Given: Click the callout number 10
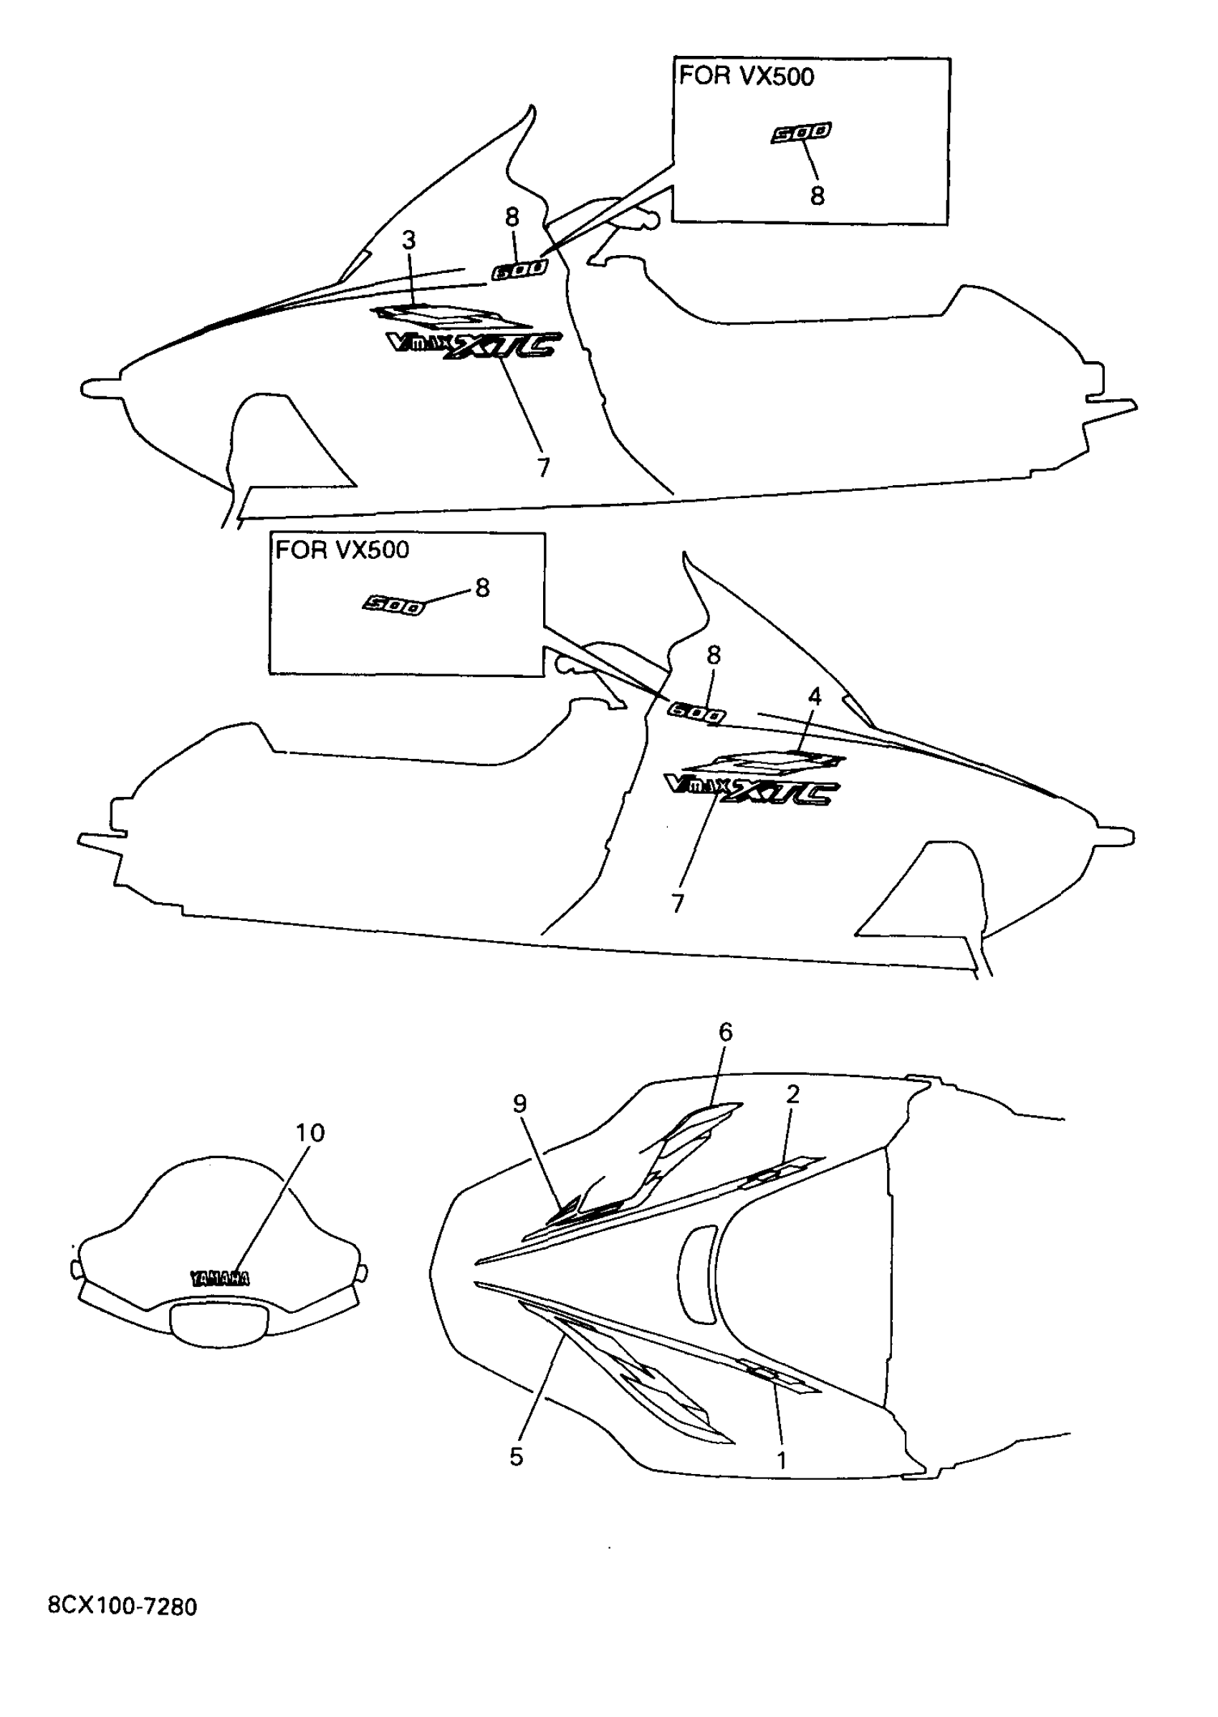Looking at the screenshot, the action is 310,1133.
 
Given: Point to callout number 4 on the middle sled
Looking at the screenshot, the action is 815,696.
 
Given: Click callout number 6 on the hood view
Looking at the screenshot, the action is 725,1032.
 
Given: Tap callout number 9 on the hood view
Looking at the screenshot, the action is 519,1104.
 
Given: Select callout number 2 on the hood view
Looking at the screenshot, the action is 792,1094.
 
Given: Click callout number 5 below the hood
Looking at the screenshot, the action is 516,1457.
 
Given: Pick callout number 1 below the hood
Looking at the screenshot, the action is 781,1460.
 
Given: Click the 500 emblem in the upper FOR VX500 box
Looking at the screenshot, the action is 801,133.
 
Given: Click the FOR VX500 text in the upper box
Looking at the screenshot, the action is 747,77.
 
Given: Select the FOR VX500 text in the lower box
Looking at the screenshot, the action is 342,550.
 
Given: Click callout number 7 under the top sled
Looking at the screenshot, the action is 544,467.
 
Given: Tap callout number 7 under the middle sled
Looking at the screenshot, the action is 677,903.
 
